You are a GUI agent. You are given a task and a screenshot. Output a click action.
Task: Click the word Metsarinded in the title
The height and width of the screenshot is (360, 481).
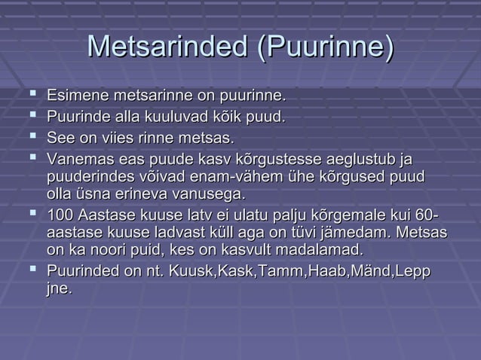pyautogui.click(x=166, y=49)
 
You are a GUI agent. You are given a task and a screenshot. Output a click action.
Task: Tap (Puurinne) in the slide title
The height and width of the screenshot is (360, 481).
pyautogui.click(x=324, y=49)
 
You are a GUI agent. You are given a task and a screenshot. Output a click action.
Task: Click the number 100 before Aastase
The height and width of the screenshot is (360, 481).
pyautogui.click(x=60, y=216)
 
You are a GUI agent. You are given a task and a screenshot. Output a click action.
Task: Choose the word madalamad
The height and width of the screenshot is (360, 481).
pyautogui.click(x=323, y=250)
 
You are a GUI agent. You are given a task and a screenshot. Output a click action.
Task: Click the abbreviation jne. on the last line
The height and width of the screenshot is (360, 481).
pyautogui.click(x=60, y=288)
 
